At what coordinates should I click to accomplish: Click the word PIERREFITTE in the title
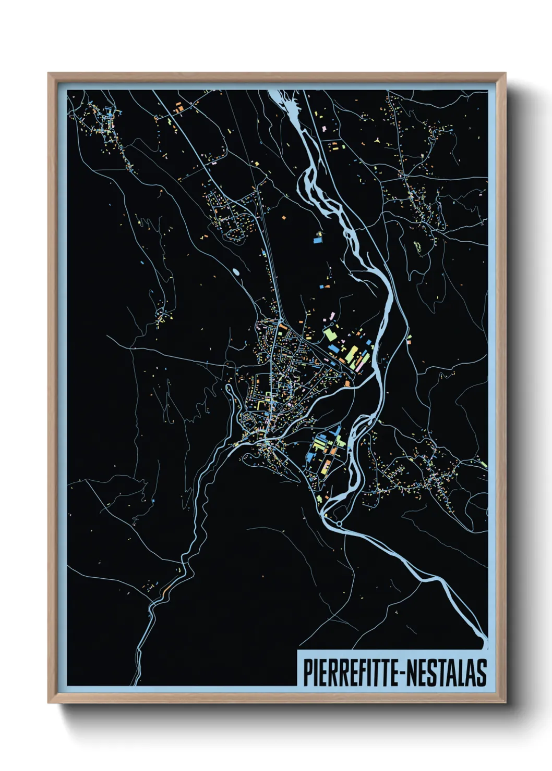[x=350, y=673]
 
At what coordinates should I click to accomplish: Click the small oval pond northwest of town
[x=236, y=271]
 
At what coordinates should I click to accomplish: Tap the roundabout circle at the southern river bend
[x=340, y=523]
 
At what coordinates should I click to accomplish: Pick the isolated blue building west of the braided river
[x=316, y=240]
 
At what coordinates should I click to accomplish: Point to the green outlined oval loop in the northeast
[x=417, y=246]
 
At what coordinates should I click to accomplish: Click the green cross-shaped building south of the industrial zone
[x=319, y=499]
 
